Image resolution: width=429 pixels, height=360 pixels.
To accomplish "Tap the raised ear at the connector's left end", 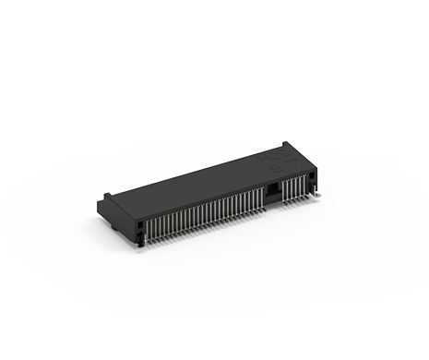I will pyautogui.click(x=109, y=194).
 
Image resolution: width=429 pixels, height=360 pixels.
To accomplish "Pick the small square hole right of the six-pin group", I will pyautogui.click(x=311, y=176).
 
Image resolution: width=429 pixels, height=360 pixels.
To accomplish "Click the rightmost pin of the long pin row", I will pyautogui.click(x=261, y=200).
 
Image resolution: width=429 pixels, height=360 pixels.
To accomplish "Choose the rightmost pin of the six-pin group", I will pyautogui.click(x=303, y=183).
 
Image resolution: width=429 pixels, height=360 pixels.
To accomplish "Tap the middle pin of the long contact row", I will pyautogui.click(x=205, y=217).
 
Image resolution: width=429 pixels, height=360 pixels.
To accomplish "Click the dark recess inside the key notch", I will pyautogui.click(x=273, y=189).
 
